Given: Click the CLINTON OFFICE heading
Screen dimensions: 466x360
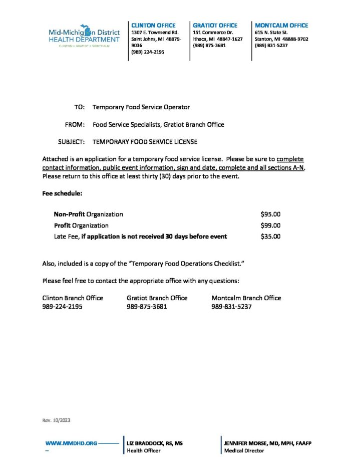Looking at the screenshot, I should coord(153,25).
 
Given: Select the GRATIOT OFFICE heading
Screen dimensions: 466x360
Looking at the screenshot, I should coord(215,25).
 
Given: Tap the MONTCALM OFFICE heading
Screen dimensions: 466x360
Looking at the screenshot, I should coord(281,25).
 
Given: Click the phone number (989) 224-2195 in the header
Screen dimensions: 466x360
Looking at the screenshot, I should coord(147,52).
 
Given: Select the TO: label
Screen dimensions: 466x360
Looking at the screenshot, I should coord(80,107).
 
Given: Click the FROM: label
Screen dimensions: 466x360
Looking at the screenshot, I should coord(75,124).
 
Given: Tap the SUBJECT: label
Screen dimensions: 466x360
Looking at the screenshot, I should coord(71,142).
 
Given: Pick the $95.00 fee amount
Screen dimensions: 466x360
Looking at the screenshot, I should coord(270,214).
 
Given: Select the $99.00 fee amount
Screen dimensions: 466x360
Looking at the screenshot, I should coord(270,225).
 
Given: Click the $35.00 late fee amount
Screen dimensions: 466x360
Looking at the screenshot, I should coord(270,237).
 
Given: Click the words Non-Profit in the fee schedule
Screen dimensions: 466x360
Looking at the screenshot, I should coord(70,214).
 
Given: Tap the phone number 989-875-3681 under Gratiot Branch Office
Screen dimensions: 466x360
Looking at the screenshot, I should coord(147,307).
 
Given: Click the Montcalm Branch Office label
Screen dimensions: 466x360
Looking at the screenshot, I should coord(246,298).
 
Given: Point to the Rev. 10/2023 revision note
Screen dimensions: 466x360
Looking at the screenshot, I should coord(57,420).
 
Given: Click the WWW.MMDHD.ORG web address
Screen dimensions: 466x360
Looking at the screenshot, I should coord(71,443).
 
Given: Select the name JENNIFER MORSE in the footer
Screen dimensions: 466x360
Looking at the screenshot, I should coord(245,443).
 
